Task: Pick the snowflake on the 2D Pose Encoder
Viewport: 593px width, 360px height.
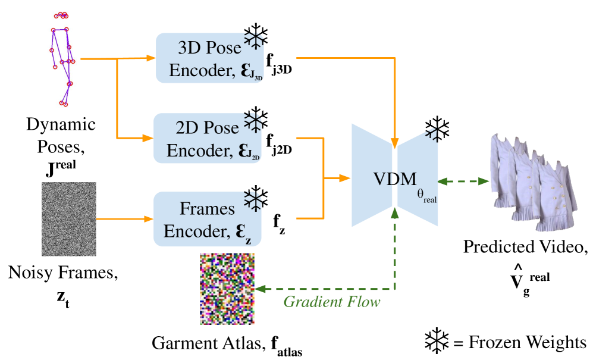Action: pyautogui.click(x=254, y=119)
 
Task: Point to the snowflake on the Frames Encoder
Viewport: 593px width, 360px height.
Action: pyautogui.click(x=254, y=199)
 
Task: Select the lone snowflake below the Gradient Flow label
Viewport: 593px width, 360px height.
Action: pyautogui.click(x=437, y=340)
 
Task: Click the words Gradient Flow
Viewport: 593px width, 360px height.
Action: pyautogui.click(x=331, y=302)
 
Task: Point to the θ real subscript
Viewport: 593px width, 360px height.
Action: pyautogui.click(x=427, y=197)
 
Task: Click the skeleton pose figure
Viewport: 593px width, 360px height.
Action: pyautogui.click(x=62, y=60)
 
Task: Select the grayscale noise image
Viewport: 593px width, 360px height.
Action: pyautogui.click(x=69, y=219)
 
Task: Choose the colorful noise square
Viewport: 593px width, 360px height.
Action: pyautogui.click(x=227, y=289)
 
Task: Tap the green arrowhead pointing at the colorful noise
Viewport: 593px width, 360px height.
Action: pyautogui.click(x=261, y=289)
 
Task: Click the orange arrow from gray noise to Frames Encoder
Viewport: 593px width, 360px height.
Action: pyautogui.click(x=122, y=219)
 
